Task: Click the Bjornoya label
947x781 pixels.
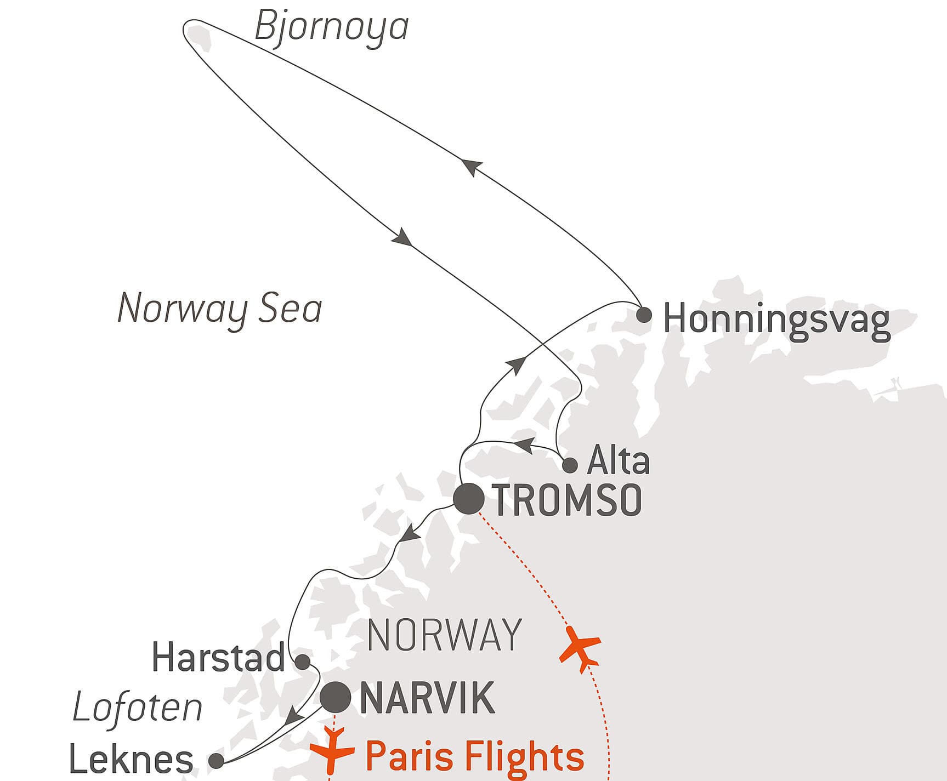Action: click(x=332, y=26)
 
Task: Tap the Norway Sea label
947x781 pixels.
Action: click(x=219, y=309)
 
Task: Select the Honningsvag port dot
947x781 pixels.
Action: click(x=644, y=315)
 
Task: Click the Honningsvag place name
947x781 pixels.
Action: click(x=776, y=320)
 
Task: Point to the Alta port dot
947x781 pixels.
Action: click(x=570, y=465)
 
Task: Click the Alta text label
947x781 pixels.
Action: click(x=618, y=461)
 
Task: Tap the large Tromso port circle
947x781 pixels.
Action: click(x=469, y=499)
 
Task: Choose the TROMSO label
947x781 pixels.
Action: click(x=568, y=500)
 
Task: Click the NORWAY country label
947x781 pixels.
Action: click(x=444, y=635)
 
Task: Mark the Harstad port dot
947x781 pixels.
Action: click(x=303, y=662)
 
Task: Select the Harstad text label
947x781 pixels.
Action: click(x=218, y=658)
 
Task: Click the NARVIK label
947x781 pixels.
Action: click(x=427, y=698)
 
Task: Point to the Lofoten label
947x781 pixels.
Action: click(x=138, y=708)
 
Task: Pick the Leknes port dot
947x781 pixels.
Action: click(x=217, y=761)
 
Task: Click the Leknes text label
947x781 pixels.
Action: click(x=131, y=760)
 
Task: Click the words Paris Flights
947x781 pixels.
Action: click(x=474, y=756)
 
